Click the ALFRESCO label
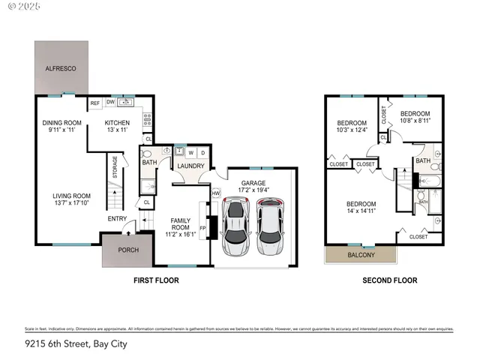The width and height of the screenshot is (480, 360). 60,67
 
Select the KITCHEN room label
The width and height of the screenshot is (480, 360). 117,123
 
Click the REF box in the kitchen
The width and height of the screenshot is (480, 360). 95,103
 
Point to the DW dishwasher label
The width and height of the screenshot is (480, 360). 110,103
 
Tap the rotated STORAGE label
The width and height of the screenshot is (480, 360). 115,166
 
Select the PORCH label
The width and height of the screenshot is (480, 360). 128,250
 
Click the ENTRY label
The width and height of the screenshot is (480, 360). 118,219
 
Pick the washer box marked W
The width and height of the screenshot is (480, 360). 190,152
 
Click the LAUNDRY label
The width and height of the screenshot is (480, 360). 190,166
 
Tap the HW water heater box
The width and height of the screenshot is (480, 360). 216,193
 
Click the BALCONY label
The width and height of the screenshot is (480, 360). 361,255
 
